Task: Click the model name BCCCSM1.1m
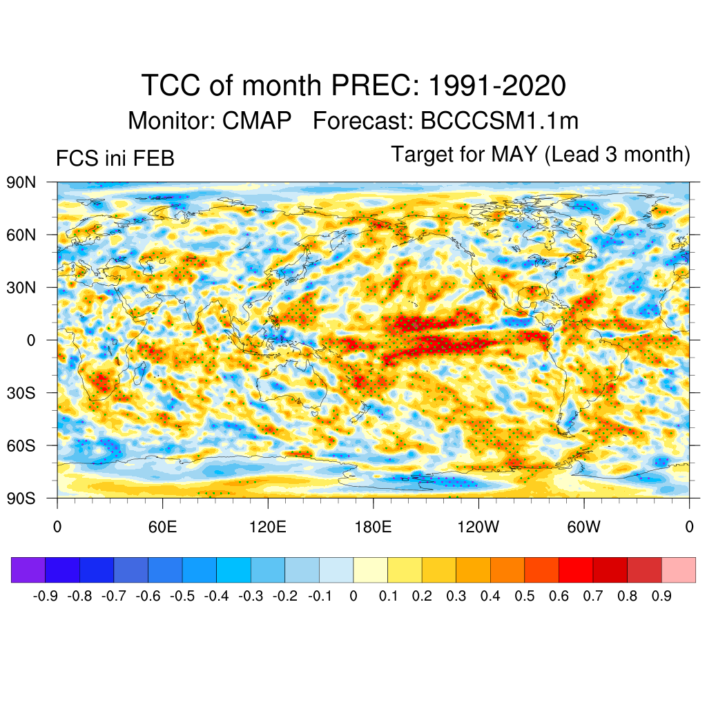[x=499, y=121]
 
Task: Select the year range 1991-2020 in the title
[x=497, y=86]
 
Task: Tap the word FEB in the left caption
[x=155, y=159]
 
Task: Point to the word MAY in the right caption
[x=514, y=154]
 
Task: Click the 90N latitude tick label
[x=21, y=182]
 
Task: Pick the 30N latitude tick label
[x=21, y=287]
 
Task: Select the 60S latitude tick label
[x=21, y=445]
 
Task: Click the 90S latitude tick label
[x=21, y=498]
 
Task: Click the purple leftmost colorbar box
[x=28, y=570]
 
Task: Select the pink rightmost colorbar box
[x=678, y=570]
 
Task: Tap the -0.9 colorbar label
[x=46, y=596]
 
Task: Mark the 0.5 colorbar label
[x=525, y=596]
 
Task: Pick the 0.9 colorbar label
[x=661, y=596]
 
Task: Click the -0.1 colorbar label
[x=320, y=596]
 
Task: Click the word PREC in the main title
[x=376, y=86]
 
